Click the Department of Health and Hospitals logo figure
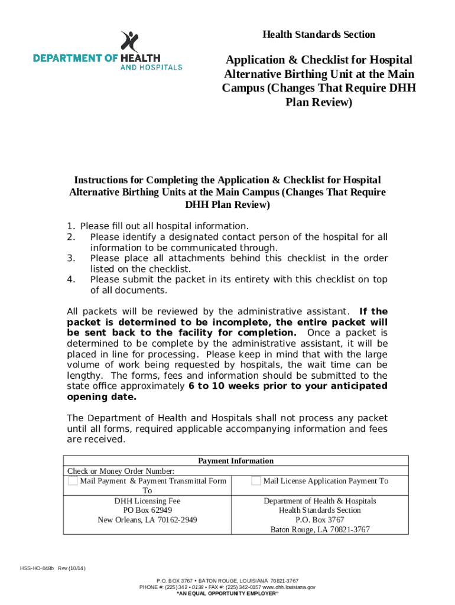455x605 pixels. tap(129, 41)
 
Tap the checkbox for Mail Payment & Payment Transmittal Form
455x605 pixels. tap(72, 482)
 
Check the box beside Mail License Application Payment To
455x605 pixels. tap(256, 482)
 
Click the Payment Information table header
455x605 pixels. tap(235, 461)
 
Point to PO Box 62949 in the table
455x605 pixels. tap(147, 510)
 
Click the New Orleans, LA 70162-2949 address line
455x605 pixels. tap(147, 520)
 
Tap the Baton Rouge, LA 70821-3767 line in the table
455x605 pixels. tap(320, 529)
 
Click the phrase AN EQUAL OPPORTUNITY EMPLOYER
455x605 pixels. tap(227, 593)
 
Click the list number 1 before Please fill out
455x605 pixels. tap(70, 226)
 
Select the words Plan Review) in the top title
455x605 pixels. tap(319, 103)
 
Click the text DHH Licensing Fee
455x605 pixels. tap(147, 501)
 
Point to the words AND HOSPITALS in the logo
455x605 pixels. tap(151, 67)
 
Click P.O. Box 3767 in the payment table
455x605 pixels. tap(320, 520)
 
